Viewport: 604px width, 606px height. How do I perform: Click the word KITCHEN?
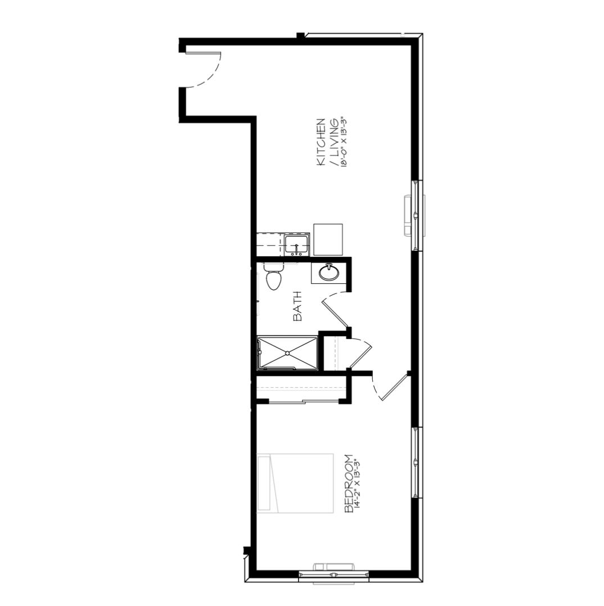pyautogui.click(x=321, y=142)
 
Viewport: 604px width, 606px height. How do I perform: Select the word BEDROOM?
pyautogui.click(x=349, y=483)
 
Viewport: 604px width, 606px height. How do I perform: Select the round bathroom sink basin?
pyautogui.click(x=329, y=273)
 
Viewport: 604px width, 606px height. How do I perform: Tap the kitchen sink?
pyautogui.click(x=296, y=245)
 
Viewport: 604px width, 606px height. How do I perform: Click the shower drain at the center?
pyautogui.click(x=288, y=352)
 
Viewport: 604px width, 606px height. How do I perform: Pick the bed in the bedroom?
pyautogui.click(x=295, y=483)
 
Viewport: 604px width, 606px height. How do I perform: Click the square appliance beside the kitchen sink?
pyautogui.click(x=328, y=239)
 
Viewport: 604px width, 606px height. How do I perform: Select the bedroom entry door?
pyautogui.click(x=390, y=387)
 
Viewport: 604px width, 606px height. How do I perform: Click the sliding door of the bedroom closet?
pyautogui.click(x=304, y=402)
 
